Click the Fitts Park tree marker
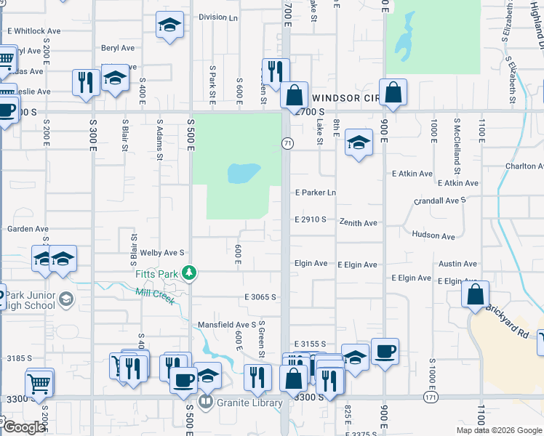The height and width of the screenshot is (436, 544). (190, 273)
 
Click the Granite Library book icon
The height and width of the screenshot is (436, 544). (206, 402)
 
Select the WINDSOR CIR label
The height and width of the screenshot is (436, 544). (345, 97)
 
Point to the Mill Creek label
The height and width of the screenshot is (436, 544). (155, 296)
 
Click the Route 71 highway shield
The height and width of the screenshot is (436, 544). (288, 144)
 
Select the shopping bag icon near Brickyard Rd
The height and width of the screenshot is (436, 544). (475, 294)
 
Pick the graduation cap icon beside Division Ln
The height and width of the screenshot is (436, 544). (169, 24)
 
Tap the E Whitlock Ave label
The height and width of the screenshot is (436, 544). (33, 31)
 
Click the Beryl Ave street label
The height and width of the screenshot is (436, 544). (118, 48)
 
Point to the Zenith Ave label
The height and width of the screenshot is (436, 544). (358, 223)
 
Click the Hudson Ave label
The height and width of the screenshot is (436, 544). (433, 236)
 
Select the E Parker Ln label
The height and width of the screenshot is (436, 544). (315, 193)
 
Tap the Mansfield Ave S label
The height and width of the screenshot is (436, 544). (227, 325)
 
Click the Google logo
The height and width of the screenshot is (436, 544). (24, 427)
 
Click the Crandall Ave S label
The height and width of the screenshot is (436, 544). (439, 200)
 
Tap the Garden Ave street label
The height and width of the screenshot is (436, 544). (28, 229)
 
